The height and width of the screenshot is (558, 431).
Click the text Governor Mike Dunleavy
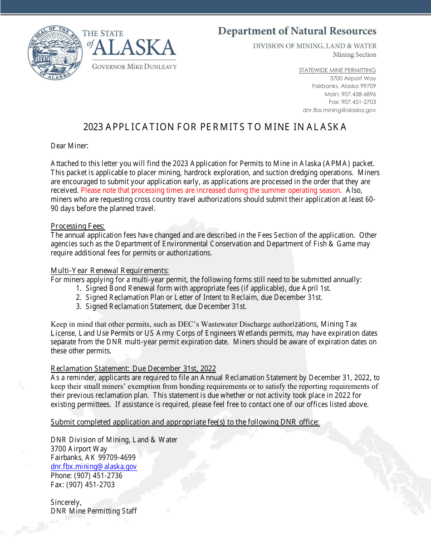(x=134, y=67)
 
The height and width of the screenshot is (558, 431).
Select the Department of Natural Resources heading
(x=297, y=31)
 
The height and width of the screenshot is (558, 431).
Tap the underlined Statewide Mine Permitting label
(x=337, y=70)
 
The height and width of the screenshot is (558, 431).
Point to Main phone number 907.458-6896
(x=350, y=94)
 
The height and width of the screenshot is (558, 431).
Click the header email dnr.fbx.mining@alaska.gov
(x=339, y=110)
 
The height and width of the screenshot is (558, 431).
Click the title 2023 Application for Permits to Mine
(x=215, y=127)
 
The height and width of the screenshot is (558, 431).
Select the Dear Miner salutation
(x=69, y=146)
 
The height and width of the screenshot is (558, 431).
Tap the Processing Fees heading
(x=78, y=226)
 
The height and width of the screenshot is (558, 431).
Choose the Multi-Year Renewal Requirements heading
(x=110, y=271)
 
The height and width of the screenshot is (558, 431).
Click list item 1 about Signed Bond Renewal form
(x=203, y=289)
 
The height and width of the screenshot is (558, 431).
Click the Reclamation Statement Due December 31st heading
(x=133, y=368)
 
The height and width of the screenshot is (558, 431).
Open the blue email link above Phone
(x=94, y=467)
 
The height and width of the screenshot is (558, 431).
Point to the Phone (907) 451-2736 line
(x=87, y=476)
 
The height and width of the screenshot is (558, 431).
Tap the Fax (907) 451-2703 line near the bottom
(x=83, y=485)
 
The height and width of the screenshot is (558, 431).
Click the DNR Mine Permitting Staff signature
(x=94, y=511)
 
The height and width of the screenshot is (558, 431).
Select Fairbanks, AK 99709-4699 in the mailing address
(x=93, y=458)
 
